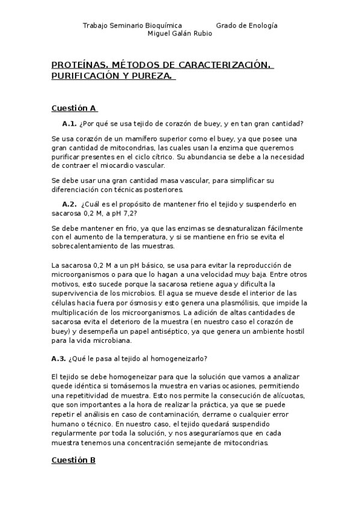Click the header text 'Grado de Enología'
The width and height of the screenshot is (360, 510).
(246, 25)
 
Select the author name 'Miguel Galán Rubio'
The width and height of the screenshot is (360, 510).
(180, 33)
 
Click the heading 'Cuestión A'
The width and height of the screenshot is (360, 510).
(74, 108)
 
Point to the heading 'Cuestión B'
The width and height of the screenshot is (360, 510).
(74, 460)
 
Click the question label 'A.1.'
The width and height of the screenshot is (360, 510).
(69, 124)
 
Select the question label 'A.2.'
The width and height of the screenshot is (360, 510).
(69, 204)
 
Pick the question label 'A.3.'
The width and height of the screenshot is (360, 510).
(58, 359)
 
